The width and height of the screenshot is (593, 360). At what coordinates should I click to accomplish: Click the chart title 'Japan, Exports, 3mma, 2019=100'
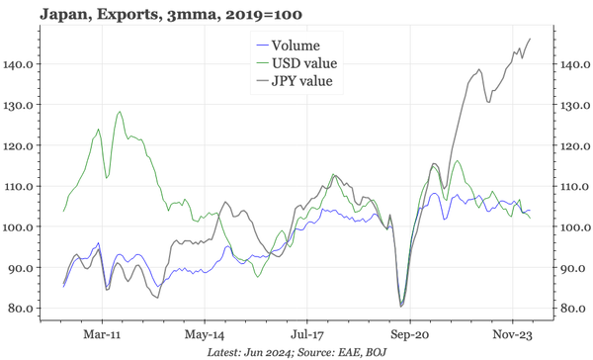[x=158, y=14]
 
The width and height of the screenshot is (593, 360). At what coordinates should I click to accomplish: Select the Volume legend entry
[x=295, y=45]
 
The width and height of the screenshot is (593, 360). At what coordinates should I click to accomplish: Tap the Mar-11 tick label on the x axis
[x=101, y=335]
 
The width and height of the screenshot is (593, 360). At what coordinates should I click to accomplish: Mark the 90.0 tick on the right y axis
[x=574, y=268]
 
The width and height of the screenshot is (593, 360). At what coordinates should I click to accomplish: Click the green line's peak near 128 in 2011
[x=120, y=112]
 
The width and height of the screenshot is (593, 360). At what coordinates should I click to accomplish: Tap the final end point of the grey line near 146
[x=531, y=39]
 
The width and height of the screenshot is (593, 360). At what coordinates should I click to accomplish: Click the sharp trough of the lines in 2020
[x=401, y=306]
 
